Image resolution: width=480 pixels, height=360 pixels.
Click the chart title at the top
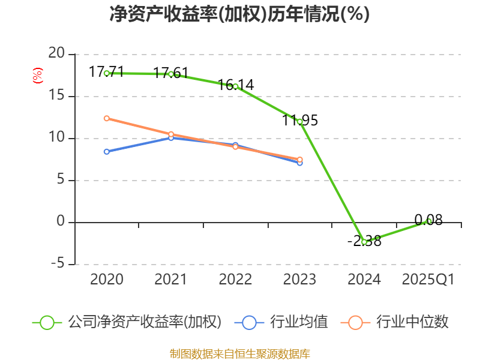click(239, 14)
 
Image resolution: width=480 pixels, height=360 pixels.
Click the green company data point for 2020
click(107, 73)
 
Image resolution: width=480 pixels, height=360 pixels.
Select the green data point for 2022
click(236, 86)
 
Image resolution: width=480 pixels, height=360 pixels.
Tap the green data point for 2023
click(300, 121)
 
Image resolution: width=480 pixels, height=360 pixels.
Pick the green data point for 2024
click(364, 242)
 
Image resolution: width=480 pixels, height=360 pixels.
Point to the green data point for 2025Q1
click(428, 221)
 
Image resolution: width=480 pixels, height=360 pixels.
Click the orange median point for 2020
click(107, 118)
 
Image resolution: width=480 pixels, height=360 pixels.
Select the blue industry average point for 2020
click(107, 152)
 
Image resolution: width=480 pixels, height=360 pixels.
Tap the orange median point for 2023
click(300, 160)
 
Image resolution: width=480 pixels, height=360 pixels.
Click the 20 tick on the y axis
click(56, 54)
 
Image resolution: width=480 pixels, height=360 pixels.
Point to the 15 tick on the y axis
click(56, 96)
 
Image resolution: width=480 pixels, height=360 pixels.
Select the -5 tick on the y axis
click(56, 264)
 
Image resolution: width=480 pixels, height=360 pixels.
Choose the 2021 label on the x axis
click(171, 280)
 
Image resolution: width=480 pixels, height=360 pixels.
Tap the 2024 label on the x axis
click(364, 280)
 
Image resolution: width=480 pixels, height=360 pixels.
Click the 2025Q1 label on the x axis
click(428, 280)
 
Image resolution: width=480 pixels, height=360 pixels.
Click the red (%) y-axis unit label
click(38, 76)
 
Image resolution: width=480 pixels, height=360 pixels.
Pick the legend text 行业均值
click(299, 322)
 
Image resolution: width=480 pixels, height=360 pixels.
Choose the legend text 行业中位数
click(412, 322)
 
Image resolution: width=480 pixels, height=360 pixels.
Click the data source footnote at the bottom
click(239, 353)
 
